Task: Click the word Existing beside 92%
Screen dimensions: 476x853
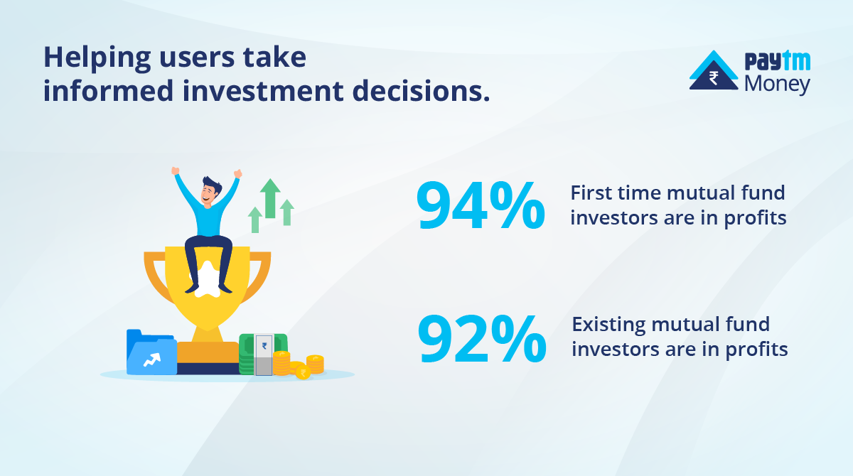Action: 609,325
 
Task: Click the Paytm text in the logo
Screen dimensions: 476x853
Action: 777,63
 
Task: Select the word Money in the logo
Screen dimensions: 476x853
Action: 777,85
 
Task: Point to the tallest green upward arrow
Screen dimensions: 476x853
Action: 270,198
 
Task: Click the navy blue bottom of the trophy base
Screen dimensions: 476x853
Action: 208,369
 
